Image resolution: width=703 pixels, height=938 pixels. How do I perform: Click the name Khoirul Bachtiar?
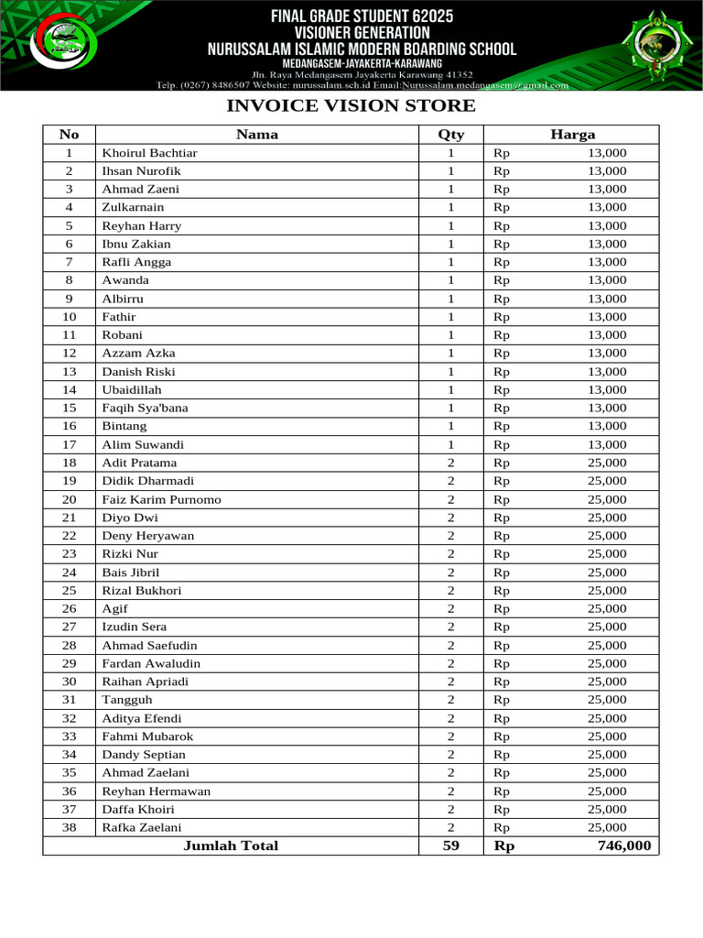(x=149, y=153)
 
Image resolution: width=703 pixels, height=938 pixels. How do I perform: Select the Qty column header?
(x=450, y=134)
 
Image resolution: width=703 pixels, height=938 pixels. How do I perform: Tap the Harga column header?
(x=572, y=134)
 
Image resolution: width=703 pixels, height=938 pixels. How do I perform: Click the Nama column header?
(x=257, y=134)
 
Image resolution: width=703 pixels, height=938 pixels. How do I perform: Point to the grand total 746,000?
(x=624, y=845)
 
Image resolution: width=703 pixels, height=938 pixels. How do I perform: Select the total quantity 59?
(x=450, y=845)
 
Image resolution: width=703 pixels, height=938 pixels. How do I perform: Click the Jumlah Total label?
(x=231, y=845)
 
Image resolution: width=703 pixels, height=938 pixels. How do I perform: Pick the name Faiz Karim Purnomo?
(x=161, y=499)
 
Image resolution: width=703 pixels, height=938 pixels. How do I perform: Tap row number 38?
(x=69, y=827)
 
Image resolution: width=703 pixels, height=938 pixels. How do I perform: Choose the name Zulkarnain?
(x=133, y=207)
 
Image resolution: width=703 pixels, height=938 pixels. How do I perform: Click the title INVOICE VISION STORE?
(x=351, y=105)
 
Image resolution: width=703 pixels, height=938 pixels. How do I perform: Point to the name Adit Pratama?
(x=139, y=463)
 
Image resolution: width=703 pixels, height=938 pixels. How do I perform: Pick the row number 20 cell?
(x=69, y=499)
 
